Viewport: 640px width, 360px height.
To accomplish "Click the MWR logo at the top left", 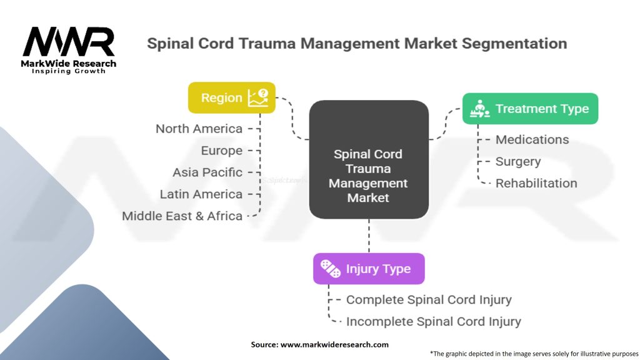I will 69,42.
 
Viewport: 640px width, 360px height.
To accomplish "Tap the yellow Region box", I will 231,98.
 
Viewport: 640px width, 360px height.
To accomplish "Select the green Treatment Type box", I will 530,109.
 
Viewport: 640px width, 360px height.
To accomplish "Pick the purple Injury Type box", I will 369,269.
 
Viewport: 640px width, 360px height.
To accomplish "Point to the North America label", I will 199,129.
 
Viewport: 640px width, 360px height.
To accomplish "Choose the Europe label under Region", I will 222,151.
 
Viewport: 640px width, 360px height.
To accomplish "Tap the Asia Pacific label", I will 207,172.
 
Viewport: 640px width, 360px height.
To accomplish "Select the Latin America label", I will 201,194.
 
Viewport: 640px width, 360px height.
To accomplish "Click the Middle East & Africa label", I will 182,216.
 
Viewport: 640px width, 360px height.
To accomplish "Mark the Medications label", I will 532,139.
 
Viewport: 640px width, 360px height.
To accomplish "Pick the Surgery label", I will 518,161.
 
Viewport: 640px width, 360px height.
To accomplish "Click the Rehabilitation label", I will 536,183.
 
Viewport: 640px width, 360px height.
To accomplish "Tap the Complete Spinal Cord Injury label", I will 429,300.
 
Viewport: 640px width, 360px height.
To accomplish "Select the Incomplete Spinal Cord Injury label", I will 433,322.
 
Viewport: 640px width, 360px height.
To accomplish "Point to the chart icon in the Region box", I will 258,97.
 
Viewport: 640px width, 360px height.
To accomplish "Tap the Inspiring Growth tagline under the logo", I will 69,71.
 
